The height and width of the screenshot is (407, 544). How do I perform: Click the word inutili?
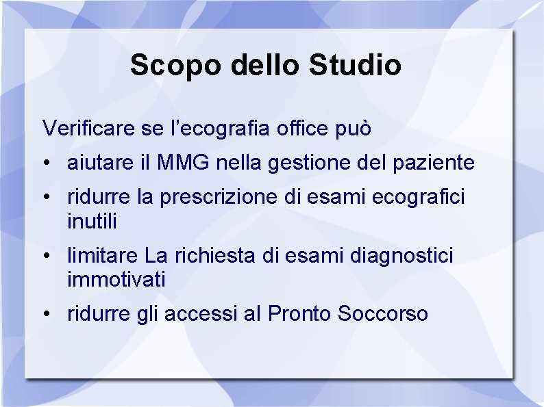(92, 221)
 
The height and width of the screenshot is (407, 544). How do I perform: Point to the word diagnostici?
(401, 257)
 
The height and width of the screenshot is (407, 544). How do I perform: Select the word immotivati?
(116, 280)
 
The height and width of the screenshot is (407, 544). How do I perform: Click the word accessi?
(203, 314)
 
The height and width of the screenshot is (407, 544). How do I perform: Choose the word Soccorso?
(383, 314)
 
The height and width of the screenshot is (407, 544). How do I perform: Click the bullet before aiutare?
(45, 164)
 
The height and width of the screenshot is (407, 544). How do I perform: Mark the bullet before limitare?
(45, 257)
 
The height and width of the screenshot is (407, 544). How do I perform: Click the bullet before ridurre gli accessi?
(45, 315)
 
